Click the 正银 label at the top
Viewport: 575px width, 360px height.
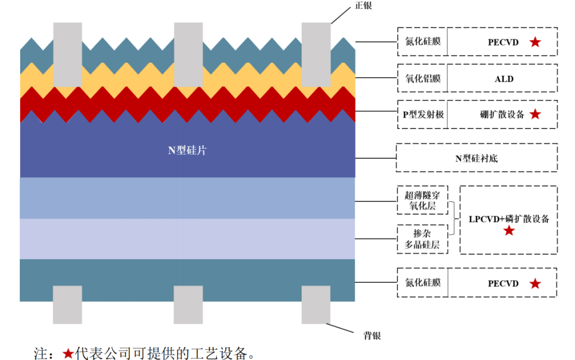pyautogui.click(x=364, y=5)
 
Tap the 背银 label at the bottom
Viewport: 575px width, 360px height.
pyautogui.click(x=372, y=336)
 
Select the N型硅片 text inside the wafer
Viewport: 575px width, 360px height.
pyautogui.click(x=187, y=150)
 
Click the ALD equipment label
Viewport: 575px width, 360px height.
pyautogui.click(x=504, y=79)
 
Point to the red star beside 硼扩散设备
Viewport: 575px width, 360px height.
pyautogui.click(x=535, y=114)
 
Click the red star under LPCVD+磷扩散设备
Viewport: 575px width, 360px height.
pyautogui.click(x=508, y=231)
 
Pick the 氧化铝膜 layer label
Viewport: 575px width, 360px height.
pyautogui.click(x=423, y=78)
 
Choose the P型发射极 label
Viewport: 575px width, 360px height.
pyautogui.click(x=423, y=114)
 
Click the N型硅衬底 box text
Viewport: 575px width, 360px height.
pyautogui.click(x=477, y=159)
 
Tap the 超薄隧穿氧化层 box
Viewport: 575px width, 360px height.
pyautogui.click(x=422, y=200)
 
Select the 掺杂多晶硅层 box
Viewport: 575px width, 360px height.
pyautogui.click(x=422, y=239)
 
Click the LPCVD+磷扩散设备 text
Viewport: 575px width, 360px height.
pyautogui.click(x=509, y=219)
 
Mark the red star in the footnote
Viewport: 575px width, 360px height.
pyautogui.click(x=68, y=354)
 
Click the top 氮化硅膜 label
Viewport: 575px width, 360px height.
pyautogui.click(x=423, y=42)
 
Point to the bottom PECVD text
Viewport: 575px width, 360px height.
pyautogui.click(x=503, y=284)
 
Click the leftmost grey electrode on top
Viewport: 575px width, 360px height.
pyautogui.click(x=68, y=55)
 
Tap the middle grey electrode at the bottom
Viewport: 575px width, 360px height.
pyautogui.click(x=188, y=305)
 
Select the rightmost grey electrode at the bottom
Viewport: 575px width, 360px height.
pyautogui.click(x=316, y=305)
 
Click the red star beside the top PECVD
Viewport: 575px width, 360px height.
pyautogui.click(x=535, y=42)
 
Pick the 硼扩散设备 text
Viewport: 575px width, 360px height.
pyautogui.click(x=502, y=114)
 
